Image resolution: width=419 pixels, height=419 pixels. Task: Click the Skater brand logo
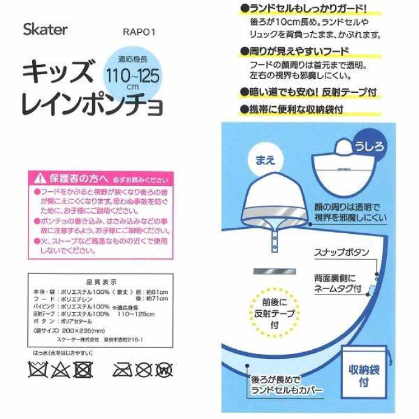click(x=45, y=30)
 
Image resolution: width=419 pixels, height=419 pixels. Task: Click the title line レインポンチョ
click(x=92, y=106)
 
